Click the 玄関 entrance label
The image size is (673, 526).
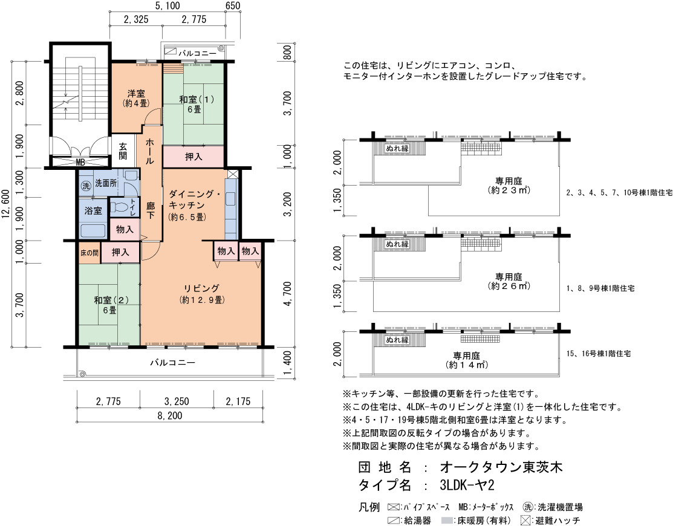click(123, 151)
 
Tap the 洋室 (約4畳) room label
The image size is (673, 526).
click(136, 99)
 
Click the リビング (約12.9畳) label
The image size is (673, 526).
click(202, 294)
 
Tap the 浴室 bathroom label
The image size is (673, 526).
click(93, 210)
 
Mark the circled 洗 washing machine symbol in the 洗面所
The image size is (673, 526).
click(86, 186)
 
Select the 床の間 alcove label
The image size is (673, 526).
click(89, 253)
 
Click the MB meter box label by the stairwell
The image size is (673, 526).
click(80, 162)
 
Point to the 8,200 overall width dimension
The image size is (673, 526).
click(170, 415)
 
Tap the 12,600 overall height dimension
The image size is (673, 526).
click(5, 204)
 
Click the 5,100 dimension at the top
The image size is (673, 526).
click(167, 5)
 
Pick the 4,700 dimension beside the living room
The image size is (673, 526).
click(288, 294)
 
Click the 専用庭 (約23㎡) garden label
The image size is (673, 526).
click(509, 186)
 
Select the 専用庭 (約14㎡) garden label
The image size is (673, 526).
click(467, 360)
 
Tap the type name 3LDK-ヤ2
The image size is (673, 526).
click(467, 485)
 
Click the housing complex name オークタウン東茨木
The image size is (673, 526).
click(501, 467)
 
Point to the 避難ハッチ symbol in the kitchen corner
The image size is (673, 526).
click(233, 174)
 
